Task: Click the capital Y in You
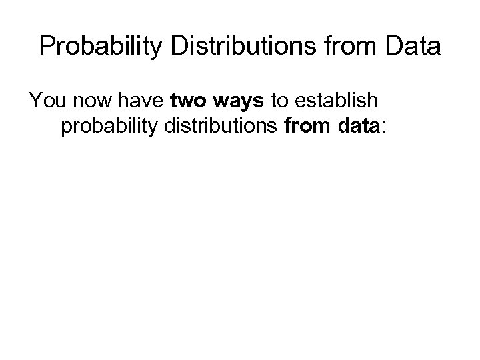point(35,101)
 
